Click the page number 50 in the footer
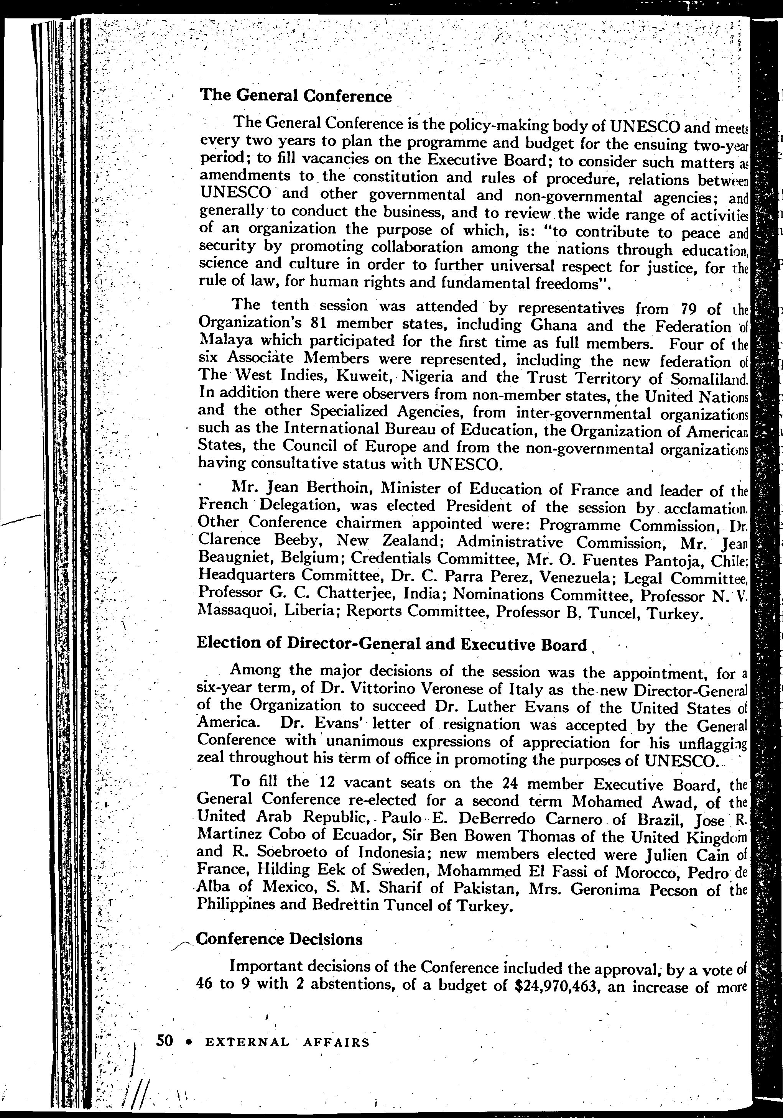[x=164, y=1041]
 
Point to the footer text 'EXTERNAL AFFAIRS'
[x=287, y=1042]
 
